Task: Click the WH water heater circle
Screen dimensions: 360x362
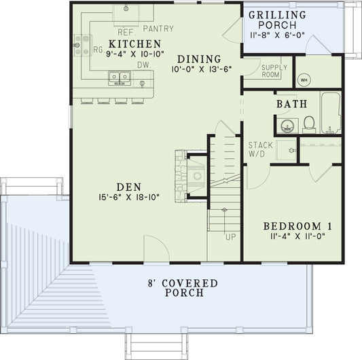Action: click(304, 79)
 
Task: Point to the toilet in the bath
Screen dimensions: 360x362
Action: click(310, 124)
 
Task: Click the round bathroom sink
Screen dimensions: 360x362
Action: click(285, 126)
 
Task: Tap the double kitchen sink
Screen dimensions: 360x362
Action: click(120, 77)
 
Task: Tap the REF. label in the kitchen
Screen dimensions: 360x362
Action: click(127, 32)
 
